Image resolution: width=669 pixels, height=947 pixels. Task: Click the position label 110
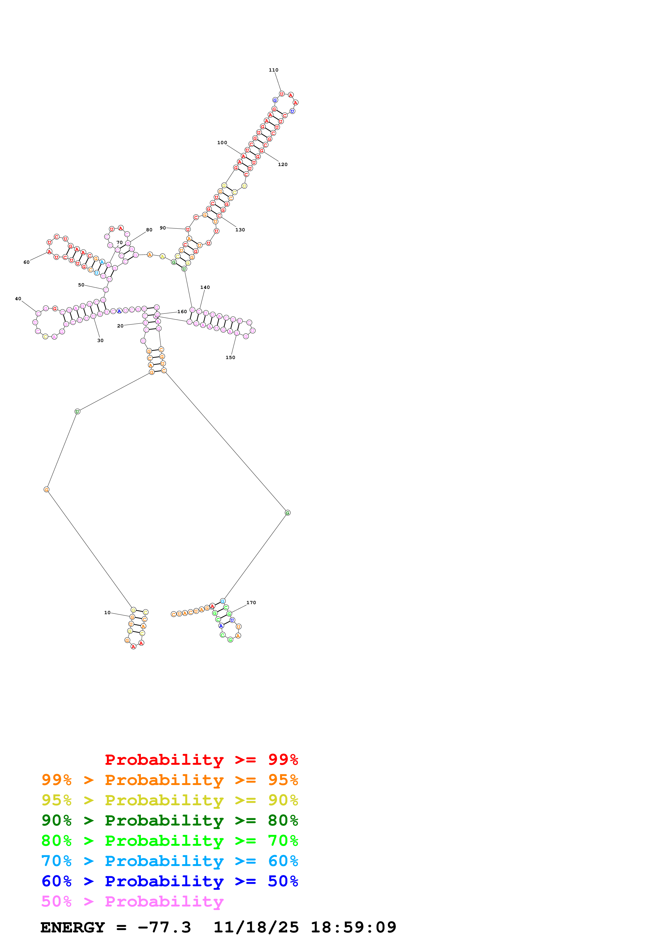[x=273, y=70]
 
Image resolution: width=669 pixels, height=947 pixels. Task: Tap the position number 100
[x=222, y=143]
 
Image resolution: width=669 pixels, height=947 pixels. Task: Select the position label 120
[x=283, y=165]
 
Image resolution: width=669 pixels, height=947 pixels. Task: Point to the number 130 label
[x=240, y=230]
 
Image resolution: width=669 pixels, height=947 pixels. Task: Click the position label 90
[x=163, y=228]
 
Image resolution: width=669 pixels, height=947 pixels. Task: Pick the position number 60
[x=26, y=262]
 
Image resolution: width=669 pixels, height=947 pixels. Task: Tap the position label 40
[x=18, y=299]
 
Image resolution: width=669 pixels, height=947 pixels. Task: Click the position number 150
[x=230, y=358]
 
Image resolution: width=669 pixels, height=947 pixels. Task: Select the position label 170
[x=251, y=603]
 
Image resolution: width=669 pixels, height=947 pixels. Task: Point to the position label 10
[x=107, y=613]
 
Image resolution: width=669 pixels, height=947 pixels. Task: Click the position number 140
[x=205, y=288]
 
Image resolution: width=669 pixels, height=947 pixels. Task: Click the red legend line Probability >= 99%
[x=201, y=759]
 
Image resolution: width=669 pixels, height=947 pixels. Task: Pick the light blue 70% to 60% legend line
[x=169, y=861]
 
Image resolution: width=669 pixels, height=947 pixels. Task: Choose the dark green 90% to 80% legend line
[x=169, y=820]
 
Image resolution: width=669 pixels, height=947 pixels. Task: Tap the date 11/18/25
[x=256, y=928]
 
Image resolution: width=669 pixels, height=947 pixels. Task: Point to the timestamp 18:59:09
[x=353, y=928]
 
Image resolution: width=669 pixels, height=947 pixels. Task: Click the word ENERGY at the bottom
[x=73, y=928]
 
